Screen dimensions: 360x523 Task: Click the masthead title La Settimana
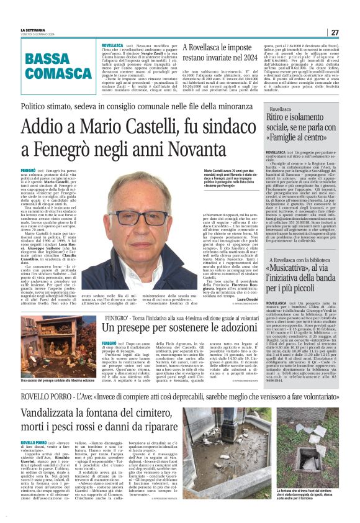coord(32,30)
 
